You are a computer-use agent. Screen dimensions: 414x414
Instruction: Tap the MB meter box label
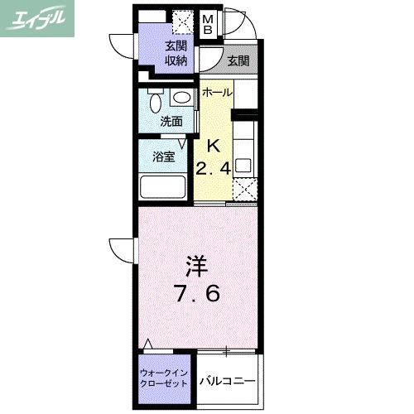tap(209, 26)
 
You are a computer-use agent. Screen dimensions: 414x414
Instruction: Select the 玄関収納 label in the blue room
tap(175, 53)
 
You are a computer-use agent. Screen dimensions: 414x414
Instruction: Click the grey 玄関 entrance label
tap(238, 60)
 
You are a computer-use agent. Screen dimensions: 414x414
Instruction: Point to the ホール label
tap(217, 92)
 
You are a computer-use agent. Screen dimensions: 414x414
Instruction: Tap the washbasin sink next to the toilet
tap(181, 99)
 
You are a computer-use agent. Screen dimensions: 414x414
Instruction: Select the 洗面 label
tap(171, 122)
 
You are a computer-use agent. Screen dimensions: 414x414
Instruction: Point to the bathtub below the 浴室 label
tap(166, 186)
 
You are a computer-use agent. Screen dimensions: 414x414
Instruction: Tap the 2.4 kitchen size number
tap(212, 170)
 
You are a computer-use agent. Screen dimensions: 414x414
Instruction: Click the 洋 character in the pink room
tap(195, 267)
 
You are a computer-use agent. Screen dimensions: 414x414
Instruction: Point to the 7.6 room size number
tap(195, 294)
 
